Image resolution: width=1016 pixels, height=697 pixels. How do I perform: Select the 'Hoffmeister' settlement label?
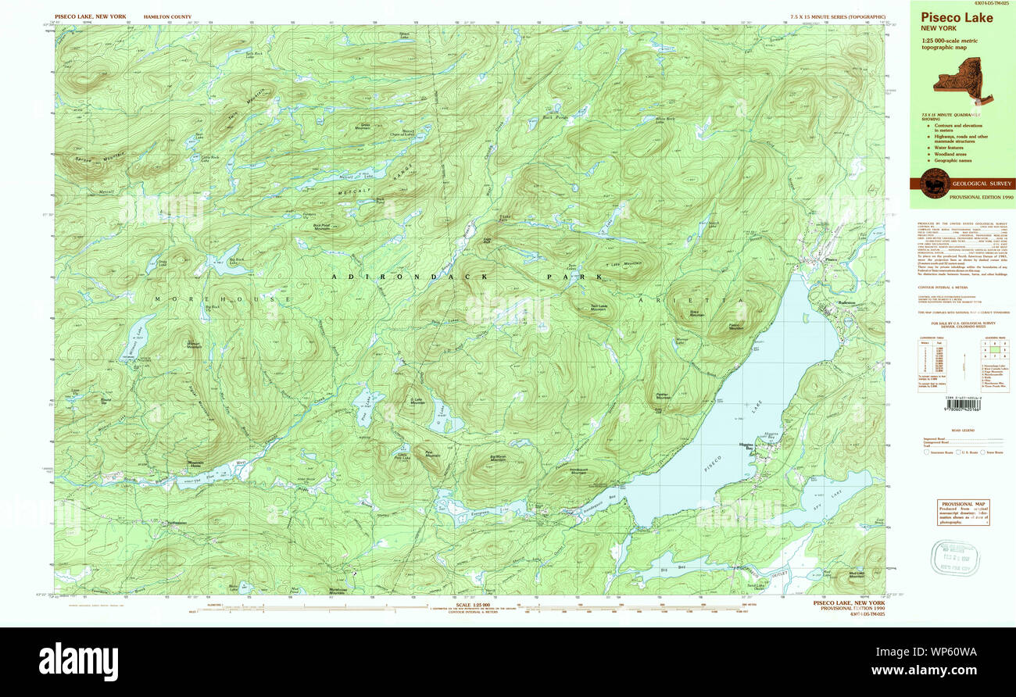click(177, 523)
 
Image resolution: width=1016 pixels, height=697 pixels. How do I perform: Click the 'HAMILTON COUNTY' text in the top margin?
click(167, 16)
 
